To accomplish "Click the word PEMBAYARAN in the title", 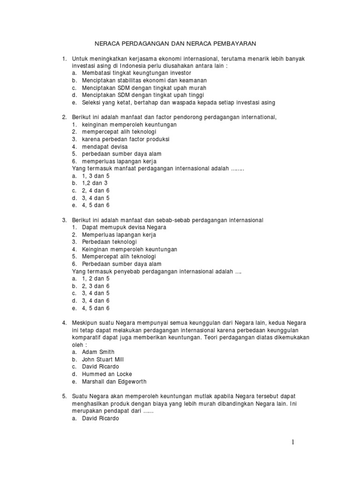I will click(231, 44).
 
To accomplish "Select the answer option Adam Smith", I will click(98, 352).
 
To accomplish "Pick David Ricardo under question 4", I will click(101, 367).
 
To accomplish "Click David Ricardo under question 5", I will click(101, 419).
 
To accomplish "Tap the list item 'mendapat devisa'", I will click(105, 147).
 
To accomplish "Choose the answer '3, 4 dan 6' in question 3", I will click(96, 300).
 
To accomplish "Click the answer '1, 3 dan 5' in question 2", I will click(96, 176).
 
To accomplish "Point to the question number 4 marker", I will click(64, 323).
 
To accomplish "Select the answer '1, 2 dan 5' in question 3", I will click(96, 278).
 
